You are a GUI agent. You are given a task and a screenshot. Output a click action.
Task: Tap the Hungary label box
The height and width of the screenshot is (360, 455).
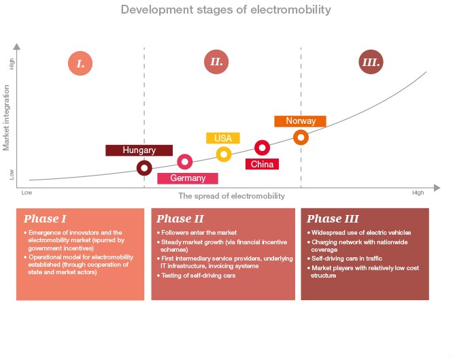(x=139, y=150)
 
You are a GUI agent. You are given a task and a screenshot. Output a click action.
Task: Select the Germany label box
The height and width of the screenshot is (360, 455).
(x=188, y=178)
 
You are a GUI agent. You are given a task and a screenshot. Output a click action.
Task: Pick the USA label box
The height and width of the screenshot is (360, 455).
(x=223, y=138)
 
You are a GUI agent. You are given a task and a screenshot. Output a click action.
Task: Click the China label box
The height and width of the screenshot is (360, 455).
(x=262, y=164)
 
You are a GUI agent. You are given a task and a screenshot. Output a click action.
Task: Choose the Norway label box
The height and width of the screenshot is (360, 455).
(x=300, y=121)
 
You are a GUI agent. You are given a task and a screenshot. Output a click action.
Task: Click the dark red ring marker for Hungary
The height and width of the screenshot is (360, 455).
(x=144, y=167)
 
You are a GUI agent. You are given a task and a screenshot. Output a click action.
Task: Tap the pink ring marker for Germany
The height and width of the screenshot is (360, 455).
(x=185, y=161)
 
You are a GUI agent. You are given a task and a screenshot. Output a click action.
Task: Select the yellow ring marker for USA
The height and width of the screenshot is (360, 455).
(x=224, y=154)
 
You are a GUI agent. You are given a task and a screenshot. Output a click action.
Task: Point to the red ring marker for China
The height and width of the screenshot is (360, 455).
(x=263, y=147)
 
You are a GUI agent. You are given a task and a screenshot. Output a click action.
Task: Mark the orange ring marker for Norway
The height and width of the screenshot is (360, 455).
(x=301, y=137)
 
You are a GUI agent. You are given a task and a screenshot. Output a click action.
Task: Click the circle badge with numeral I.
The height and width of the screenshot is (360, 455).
(x=80, y=64)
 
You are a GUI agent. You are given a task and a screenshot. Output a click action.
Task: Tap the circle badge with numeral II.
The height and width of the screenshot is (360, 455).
(x=216, y=63)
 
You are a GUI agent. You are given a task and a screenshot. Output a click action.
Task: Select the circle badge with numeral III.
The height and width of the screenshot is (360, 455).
(x=371, y=63)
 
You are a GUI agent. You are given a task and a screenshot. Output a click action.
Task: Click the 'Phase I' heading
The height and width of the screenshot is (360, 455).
(x=45, y=219)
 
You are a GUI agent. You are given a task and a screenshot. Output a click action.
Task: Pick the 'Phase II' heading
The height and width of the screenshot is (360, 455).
(x=180, y=219)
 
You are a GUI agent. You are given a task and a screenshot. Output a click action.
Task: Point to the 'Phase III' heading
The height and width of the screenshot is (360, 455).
(x=333, y=219)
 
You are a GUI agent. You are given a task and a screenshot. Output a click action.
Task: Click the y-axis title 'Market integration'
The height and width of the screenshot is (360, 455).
(x=7, y=118)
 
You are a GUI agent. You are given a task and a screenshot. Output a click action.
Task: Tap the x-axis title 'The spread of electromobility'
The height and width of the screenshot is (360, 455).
(x=231, y=196)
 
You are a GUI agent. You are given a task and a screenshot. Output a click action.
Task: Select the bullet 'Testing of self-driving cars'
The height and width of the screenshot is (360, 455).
(x=199, y=275)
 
